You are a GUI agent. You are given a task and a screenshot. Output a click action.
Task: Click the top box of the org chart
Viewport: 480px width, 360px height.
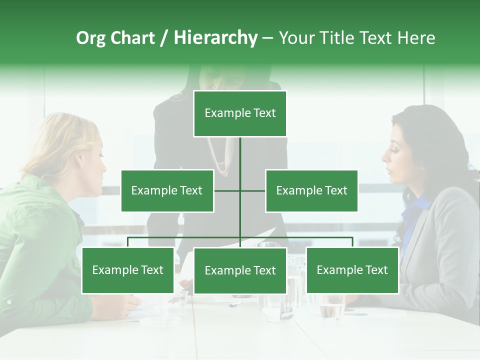[240, 113]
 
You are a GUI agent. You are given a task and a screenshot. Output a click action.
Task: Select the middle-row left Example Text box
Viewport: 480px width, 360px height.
[167, 190]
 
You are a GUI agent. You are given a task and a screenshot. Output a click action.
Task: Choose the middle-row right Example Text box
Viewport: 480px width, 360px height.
[311, 190]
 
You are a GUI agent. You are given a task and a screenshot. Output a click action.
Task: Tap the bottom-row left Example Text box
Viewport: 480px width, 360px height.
[127, 270]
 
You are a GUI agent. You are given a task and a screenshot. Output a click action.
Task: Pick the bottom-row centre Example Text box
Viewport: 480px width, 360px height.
[240, 270]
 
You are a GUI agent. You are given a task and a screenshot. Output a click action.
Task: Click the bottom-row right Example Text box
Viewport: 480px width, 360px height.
[352, 270]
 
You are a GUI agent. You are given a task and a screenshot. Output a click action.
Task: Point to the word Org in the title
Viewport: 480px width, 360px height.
[90, 38]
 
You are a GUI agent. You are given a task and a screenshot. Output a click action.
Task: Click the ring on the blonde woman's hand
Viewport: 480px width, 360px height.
[128, 312]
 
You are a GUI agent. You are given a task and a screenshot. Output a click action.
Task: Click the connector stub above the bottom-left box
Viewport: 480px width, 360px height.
[127, 242]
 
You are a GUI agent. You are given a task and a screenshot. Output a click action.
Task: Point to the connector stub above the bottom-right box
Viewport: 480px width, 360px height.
[352, 242]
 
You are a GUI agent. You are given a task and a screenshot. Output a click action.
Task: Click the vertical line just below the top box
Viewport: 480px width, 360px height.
[240, 150]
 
